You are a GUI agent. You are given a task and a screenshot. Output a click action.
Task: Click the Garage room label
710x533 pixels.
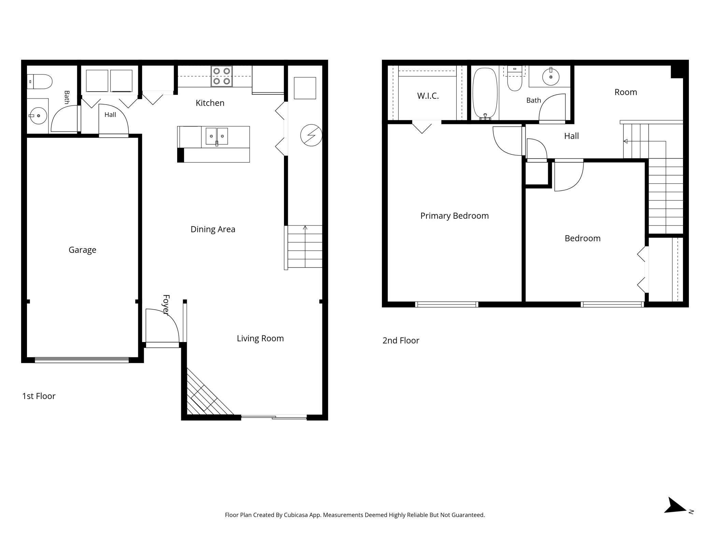(x=82, y=250)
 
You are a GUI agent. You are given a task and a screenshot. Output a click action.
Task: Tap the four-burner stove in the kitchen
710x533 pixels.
(x=222, y=76)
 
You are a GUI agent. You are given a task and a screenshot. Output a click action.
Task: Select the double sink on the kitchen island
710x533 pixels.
(x=217, y=136)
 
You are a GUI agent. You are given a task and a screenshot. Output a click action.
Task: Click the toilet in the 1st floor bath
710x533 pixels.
(x=40, y=82)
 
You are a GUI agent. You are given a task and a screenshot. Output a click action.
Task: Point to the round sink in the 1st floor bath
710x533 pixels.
(x=38, y=116)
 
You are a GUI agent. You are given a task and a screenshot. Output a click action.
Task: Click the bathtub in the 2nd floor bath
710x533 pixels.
(x=485, y=94)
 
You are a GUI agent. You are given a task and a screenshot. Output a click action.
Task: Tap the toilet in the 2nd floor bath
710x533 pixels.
(x=515, y=79)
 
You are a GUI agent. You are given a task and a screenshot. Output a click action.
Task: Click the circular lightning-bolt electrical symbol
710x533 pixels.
(x=311, y=135)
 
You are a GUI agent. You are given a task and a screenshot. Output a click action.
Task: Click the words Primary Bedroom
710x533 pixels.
(x=454, y=216)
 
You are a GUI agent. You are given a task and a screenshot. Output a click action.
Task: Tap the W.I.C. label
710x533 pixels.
(x=428, y=96)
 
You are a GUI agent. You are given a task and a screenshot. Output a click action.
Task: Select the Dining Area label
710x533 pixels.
(x=213, y=229)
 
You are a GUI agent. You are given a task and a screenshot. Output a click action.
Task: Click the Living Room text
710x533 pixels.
(x=260, y=338)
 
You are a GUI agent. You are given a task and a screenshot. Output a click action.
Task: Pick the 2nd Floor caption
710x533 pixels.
(x=401, y=341)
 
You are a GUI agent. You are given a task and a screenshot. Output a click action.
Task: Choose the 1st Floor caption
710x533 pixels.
(x=39, y=396)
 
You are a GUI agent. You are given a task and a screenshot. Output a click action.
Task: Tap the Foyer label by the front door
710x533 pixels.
(x=166, y=305)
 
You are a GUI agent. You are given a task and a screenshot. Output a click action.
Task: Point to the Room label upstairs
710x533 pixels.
(x=626, y=92)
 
